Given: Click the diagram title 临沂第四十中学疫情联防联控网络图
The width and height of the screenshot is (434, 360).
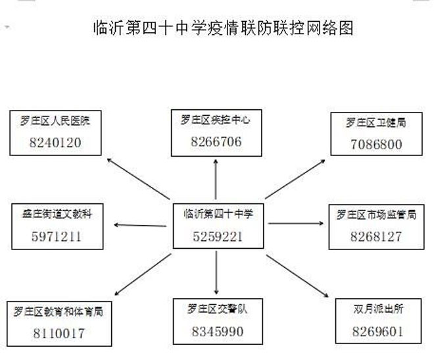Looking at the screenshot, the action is [223, 28].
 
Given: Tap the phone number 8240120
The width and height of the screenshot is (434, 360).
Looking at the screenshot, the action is [55, 143].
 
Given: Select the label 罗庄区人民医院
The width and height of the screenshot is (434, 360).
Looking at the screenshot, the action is [55, 120].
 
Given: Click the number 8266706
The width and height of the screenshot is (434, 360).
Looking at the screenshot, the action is [216, 141].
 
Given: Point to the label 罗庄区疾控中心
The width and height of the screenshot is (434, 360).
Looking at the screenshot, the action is [216, 120].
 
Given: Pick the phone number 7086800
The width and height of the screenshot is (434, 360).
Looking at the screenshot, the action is [376, 144].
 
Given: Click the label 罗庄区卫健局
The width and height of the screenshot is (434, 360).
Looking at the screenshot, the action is [376, 122].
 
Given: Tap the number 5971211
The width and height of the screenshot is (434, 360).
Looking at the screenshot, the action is [57, 236].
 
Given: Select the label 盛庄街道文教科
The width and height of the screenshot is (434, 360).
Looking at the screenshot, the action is [57, 214].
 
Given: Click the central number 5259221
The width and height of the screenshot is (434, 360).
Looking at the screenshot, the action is [218, 236].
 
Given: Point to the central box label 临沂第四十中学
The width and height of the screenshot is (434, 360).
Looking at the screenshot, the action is [218, 214].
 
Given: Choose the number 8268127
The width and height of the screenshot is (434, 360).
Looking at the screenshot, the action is [376, 236].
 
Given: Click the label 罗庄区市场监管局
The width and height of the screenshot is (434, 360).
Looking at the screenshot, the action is [376, 215].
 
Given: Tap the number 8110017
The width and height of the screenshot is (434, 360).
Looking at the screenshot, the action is [59, 334].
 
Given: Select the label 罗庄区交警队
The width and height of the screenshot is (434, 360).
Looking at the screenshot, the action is [217, 309].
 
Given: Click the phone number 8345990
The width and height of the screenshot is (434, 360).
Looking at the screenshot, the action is [218, 332].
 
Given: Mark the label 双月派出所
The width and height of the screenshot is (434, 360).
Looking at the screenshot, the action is [378, 309].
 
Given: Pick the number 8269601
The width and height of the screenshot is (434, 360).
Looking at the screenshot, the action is [378, 332].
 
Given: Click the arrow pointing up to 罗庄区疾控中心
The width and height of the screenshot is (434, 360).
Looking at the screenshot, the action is [216, 179].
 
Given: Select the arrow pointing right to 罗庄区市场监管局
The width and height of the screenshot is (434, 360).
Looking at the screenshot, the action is [296, 223].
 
